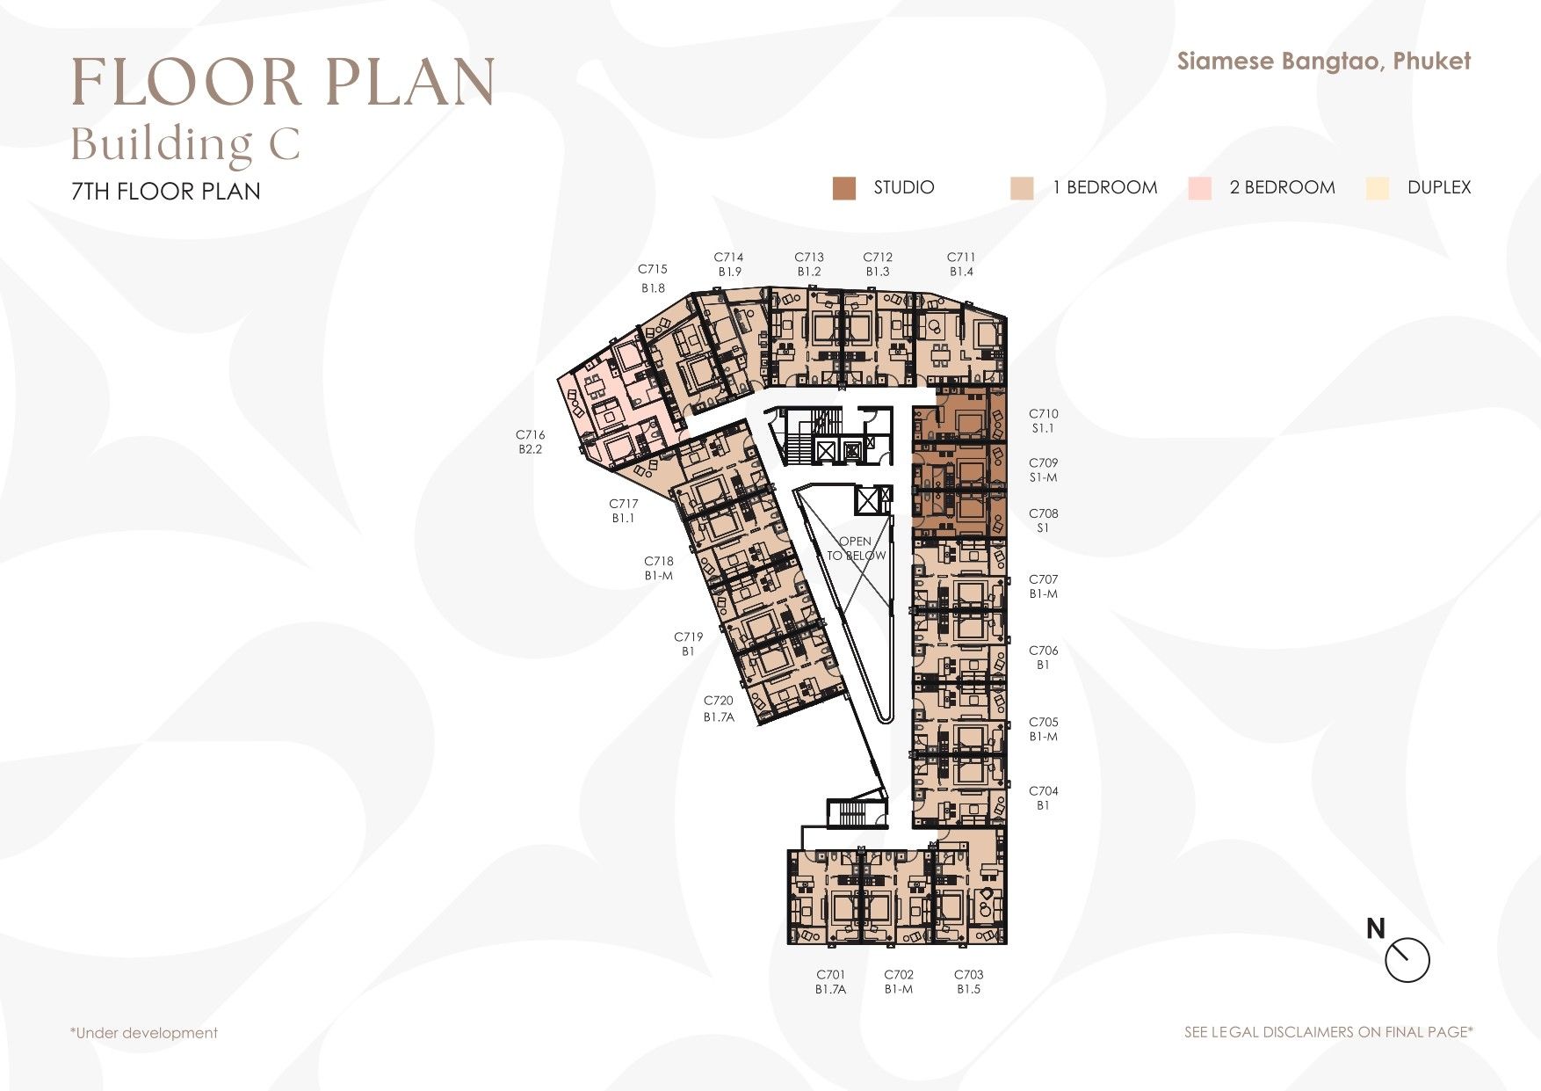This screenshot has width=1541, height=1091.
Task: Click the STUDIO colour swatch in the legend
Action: pyautogui.click(x=844, y=188)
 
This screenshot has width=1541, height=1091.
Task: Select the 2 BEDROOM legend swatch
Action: pyautogui.click(x=1199, y=188)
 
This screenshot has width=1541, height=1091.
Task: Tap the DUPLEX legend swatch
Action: pyautogui.click(x=1378, y=188)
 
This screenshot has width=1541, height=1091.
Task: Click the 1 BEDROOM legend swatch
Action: pyautogui.click(x=1022, y=188)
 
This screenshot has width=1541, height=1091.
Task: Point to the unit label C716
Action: pyautogui.click(x=531, y=434)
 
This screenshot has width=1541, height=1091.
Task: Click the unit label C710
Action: pyautogui.click(x=1044, y=413)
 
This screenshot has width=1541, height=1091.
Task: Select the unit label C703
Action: pyautogui.click(x=969, y=974)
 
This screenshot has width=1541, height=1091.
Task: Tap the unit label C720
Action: pyautogui.click(x=719, y=701)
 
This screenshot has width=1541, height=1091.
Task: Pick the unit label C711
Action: pyautogui.click(x=961, y=257)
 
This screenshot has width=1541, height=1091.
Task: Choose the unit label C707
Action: pyautogui.click(x=1044, y=579)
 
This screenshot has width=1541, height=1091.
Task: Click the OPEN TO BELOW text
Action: pyautogui.click(x=856, y=549)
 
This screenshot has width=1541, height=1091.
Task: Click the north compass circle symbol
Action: pyautogui.click(x=1407, y=960)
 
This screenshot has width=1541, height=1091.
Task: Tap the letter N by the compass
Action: pyautogui.click(x=1376, y=928)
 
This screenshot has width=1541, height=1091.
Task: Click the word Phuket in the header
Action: pyautogui.click(x=1432, y=61)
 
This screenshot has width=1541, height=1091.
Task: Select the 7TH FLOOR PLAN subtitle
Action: pyautogui.click(x=166, y=192)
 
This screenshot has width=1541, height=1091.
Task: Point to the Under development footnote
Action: pyautogui.click(x=144, y=1033)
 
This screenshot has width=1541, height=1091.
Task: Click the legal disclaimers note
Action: pyautogui.click(x=1328, y=1032)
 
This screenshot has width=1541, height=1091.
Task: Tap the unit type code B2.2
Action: pyautogui.click(x=531, y=449)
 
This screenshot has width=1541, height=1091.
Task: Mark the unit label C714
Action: pyautogui.click(x=728, y=257)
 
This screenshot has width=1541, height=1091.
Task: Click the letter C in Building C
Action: pyautogui.click(x=285, y=145)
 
